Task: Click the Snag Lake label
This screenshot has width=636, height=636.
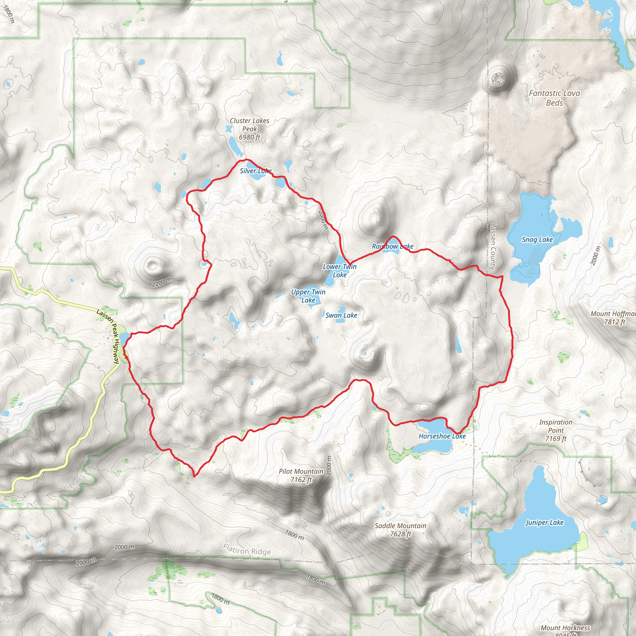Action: (537, 240)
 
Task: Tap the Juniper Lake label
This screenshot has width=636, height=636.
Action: (544, 522)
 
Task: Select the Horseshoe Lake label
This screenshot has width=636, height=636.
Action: (442, 436)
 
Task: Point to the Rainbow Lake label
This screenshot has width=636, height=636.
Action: (393, 246)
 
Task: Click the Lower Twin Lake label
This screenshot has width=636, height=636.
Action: (339, 270)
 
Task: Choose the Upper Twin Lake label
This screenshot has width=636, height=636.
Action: (308, 296)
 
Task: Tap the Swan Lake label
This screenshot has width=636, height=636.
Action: (341, 316)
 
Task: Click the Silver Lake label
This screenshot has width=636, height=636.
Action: (256, 171)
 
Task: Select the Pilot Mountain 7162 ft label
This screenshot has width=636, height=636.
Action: (301, 475)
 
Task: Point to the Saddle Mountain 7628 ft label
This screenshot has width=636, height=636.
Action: (400, 530)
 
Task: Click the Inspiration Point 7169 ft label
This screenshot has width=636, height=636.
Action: (556, 430)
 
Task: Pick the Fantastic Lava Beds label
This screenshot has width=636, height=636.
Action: (554, 98)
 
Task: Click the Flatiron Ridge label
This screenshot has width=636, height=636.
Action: (247, 549)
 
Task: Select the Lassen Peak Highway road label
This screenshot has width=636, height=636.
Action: (109, 336)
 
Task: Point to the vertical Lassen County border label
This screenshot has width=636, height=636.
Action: (493, 247)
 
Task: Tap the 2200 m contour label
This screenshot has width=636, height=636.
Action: (161, 282)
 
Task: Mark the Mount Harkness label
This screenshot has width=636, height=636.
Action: (565, 628)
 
